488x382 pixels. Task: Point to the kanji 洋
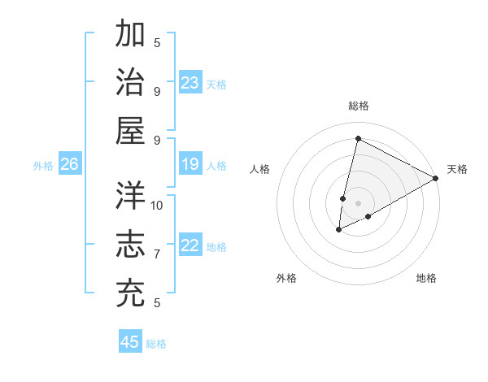click(131, 196)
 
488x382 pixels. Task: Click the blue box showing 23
click(190, 83)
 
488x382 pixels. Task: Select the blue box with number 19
click(190, 165)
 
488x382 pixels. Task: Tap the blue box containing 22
click(190, 246)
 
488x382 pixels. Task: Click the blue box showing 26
click(69, 165)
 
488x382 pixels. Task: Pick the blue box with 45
click(130, 342)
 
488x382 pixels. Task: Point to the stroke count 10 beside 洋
click(157, 205)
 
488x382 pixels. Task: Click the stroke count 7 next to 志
click(157, 254)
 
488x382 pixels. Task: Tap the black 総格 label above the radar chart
click(358, 106)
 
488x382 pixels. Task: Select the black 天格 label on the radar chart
click(457, 169)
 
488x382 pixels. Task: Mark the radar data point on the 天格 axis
click(437, 178)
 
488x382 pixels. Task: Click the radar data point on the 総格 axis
click(358, 139)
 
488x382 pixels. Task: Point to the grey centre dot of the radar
click(358, 203)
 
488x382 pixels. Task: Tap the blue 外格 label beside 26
click(43, 166)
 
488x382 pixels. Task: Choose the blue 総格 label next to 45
click(156, 344)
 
